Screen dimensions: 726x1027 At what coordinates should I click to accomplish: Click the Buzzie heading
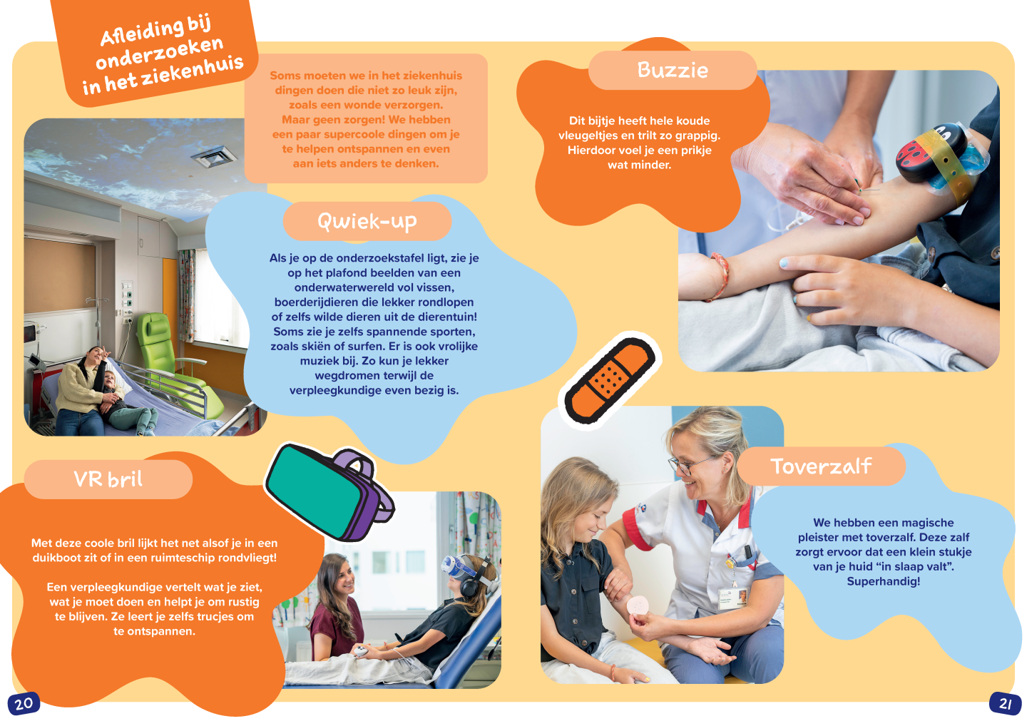[x=673, y=70]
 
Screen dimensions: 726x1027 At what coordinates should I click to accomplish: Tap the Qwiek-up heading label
[x=367, y=221]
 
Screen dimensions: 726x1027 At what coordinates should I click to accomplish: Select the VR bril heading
[x=108, y=479]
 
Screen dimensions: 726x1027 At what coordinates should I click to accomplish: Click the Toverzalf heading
[x=821, y=466]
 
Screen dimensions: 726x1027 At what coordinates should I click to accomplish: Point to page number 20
[x=24, y=704]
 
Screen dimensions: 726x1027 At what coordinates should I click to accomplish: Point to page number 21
[x=1005, y=704]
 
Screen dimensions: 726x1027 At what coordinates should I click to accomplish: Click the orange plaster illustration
[x=610, y=378]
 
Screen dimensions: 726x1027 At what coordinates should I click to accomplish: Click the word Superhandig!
[x=883, y=581]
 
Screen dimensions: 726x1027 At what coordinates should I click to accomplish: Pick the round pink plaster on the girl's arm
[x=637, y=604]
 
